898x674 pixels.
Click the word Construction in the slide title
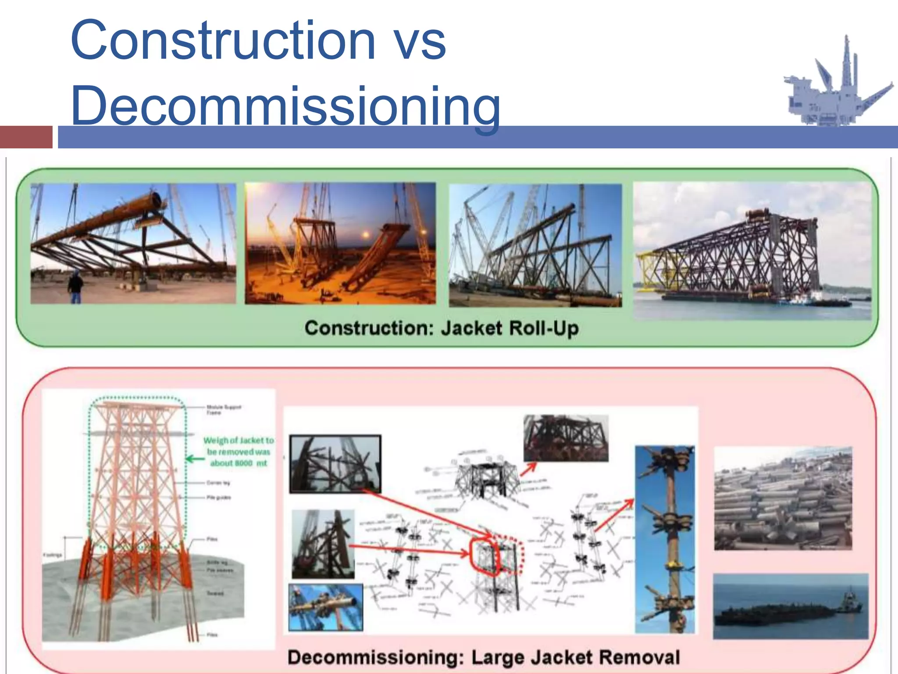[222, 40]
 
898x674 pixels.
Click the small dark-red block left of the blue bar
[26, 137]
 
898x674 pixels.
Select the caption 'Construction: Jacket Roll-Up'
[442, 328]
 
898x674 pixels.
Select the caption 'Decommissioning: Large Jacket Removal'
[483, 657]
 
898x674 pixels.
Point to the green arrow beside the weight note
[195, 459]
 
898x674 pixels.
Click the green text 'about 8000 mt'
[238, 463]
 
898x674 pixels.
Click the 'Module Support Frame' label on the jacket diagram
[223, 409]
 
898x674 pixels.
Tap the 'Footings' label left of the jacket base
[52, 555]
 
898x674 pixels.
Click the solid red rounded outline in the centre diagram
[484, 556]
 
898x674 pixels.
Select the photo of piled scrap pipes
[783, 498]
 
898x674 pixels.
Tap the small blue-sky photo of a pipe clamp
[325, 607]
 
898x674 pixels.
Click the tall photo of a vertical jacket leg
[665, 540]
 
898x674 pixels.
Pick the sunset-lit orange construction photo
[340, 244]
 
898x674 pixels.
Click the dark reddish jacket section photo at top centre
[566, 438]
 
